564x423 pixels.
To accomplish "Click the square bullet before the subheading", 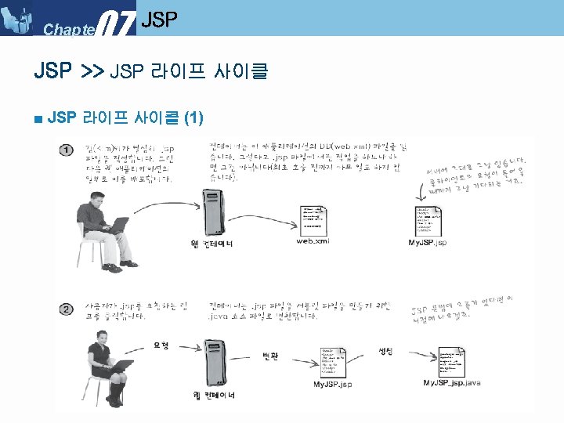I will pyautogui.click(x=38, y=119).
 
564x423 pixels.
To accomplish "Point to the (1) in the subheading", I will pyautogui.click(x=193, y=118).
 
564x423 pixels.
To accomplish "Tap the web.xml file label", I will pyautogui.click(x=313, y=241).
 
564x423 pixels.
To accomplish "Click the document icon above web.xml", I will pyautogui.click(x=316, y=220).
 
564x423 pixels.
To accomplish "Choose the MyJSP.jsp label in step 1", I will pyautogui.click(x=428, y=243).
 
